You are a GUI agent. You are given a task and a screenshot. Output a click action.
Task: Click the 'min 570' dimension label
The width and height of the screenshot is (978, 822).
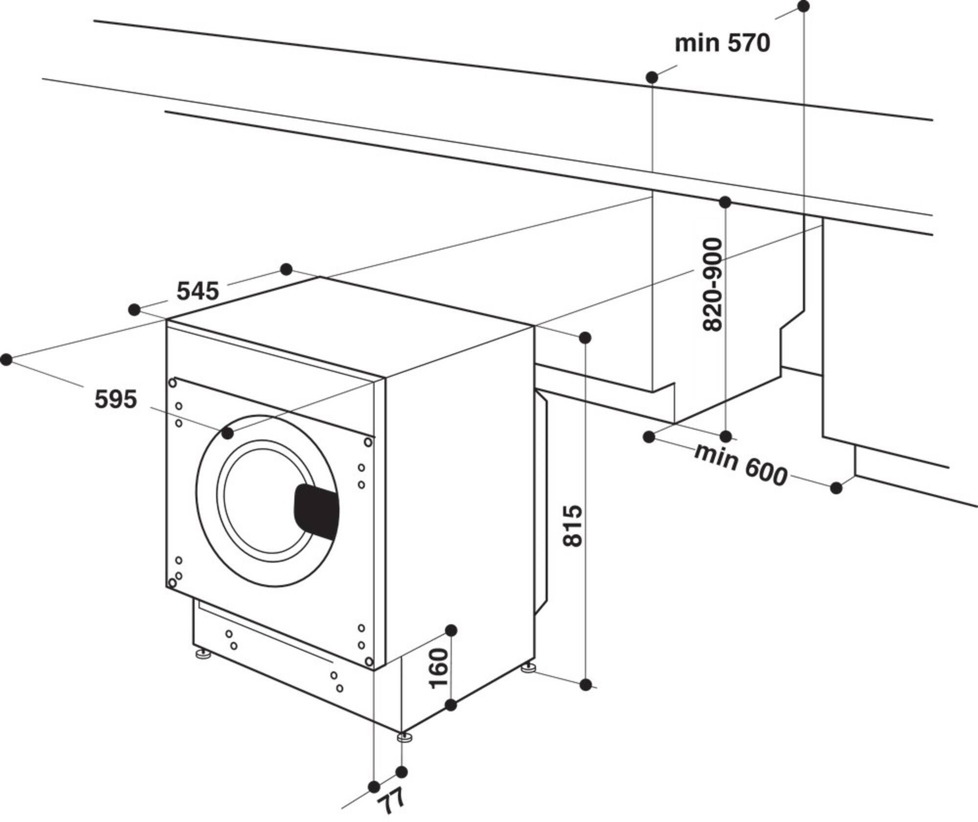tap(722, 44)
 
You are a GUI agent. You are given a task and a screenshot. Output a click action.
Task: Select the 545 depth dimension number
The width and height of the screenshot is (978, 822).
tap(198, 292)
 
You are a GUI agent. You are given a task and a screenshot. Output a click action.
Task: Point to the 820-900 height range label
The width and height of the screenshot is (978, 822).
tap(712, 285)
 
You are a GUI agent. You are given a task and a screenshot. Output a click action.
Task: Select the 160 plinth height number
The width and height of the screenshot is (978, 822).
tap(439, 668)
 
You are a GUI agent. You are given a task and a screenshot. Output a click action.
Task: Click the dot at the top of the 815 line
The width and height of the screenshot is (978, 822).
tap(585, 338)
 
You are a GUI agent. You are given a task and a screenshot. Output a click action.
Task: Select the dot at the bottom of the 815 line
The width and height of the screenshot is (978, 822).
tap(586, 685)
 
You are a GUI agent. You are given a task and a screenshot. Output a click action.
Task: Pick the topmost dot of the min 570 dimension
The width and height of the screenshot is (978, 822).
tap(803, 6)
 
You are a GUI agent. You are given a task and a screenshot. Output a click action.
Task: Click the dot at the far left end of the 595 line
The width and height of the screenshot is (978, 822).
tap(6, 360)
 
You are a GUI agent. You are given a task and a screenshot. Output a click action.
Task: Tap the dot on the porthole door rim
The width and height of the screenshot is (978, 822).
tap(227, 433)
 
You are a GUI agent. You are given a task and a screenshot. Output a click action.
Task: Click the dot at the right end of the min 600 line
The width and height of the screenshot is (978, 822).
tap(836, 488)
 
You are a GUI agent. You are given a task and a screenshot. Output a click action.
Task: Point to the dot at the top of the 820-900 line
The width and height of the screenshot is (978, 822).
tap(725, 202)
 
